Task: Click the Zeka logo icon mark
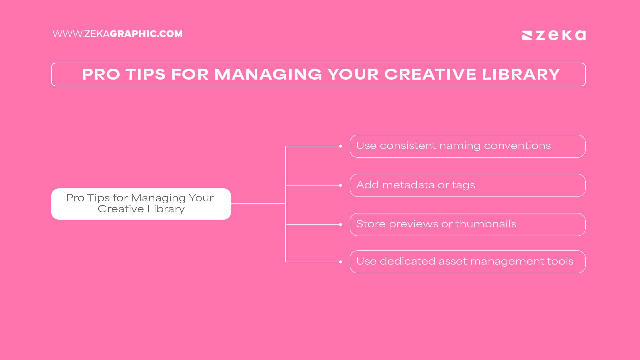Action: coord(527,35)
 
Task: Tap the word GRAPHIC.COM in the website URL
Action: coord(146,34)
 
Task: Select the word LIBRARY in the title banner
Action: coord(521,74)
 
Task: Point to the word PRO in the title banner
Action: coord(101,74)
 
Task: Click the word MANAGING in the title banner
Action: coord(268,74)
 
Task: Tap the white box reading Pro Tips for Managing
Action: coord(141,204)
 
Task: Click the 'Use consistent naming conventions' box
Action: coord(467,146)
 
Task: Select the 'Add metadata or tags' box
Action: coord(467,185)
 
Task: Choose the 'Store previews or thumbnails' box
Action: coord(467,224)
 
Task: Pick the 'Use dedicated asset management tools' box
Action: coord(467,262)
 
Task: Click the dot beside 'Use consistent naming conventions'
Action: coord(340,146)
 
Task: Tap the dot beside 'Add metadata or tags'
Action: coord(340,185)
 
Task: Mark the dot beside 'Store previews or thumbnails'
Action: coord(340,224)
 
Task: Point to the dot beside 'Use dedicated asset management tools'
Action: coord(340,262)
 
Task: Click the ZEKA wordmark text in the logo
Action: coord(561,35)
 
